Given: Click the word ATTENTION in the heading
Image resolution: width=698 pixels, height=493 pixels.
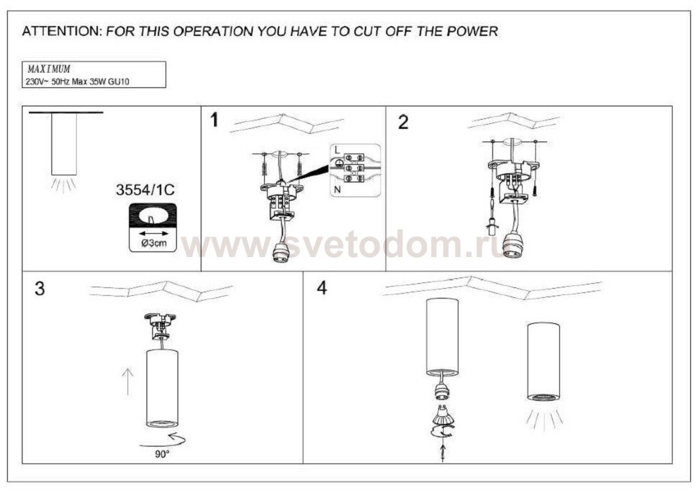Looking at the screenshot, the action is point(62,32).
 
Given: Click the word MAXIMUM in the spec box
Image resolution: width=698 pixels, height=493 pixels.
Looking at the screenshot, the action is point(49,69).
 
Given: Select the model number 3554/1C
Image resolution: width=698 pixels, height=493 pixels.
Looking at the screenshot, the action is point(145,190).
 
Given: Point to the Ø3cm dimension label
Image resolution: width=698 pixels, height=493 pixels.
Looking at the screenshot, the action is point(154,243).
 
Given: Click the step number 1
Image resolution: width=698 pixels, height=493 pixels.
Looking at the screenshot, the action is point(215,120).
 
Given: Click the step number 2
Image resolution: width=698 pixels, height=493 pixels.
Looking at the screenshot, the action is point(404,123).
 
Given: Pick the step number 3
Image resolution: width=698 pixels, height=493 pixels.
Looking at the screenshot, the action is point(39,289).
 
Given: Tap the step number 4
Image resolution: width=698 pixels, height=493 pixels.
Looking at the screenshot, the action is point(322,288).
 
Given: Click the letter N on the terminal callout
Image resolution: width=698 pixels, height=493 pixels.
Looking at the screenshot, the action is point(337,189).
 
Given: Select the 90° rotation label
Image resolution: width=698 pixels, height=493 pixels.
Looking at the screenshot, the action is point(162,454).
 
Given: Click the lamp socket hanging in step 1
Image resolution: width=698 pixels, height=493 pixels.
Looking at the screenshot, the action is point(280,252).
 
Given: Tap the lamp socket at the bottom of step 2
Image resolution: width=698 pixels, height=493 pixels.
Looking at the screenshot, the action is point(513,244).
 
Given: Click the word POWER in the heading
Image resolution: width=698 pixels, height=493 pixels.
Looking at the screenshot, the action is point(473,32).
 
